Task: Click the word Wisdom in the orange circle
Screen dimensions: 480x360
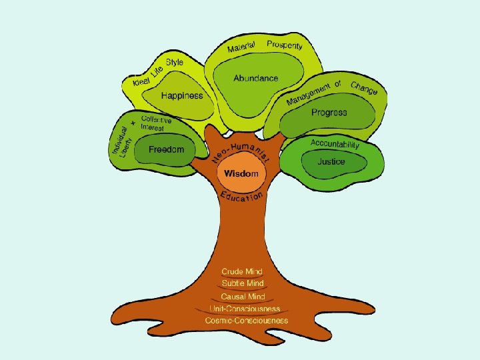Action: click(x=241, y=173)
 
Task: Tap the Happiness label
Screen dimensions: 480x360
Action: click(x=181, y=96)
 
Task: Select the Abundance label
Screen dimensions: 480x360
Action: click(x=255, y=78)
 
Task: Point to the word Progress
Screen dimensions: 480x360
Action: click(x=329, y=113)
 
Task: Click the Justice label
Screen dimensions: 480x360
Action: click(x=331, y=161)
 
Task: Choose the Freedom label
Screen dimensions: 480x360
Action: click(x=166, y=149)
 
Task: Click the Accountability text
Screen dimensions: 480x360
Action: click(x=335, y=144)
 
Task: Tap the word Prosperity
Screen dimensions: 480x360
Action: click(x=285, y=45)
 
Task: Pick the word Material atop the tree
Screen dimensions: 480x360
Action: click(x=241, y=47)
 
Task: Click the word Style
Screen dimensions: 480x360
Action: click(x=175, y=63)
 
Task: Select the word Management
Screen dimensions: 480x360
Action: click(x=309, y=95)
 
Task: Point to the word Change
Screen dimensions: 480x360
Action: click(x=364, y=87)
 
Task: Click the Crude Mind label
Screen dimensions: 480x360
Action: click(x=242, y=272)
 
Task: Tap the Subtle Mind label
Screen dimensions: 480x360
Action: click(x=243, y=283)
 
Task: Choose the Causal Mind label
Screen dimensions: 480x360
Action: click(x=243, y=296)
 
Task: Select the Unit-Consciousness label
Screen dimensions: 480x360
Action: click(x=244, y=308)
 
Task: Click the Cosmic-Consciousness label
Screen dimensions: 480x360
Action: click(x=247, y=320)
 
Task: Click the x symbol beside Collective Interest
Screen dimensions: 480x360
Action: click(x=133, y=123)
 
